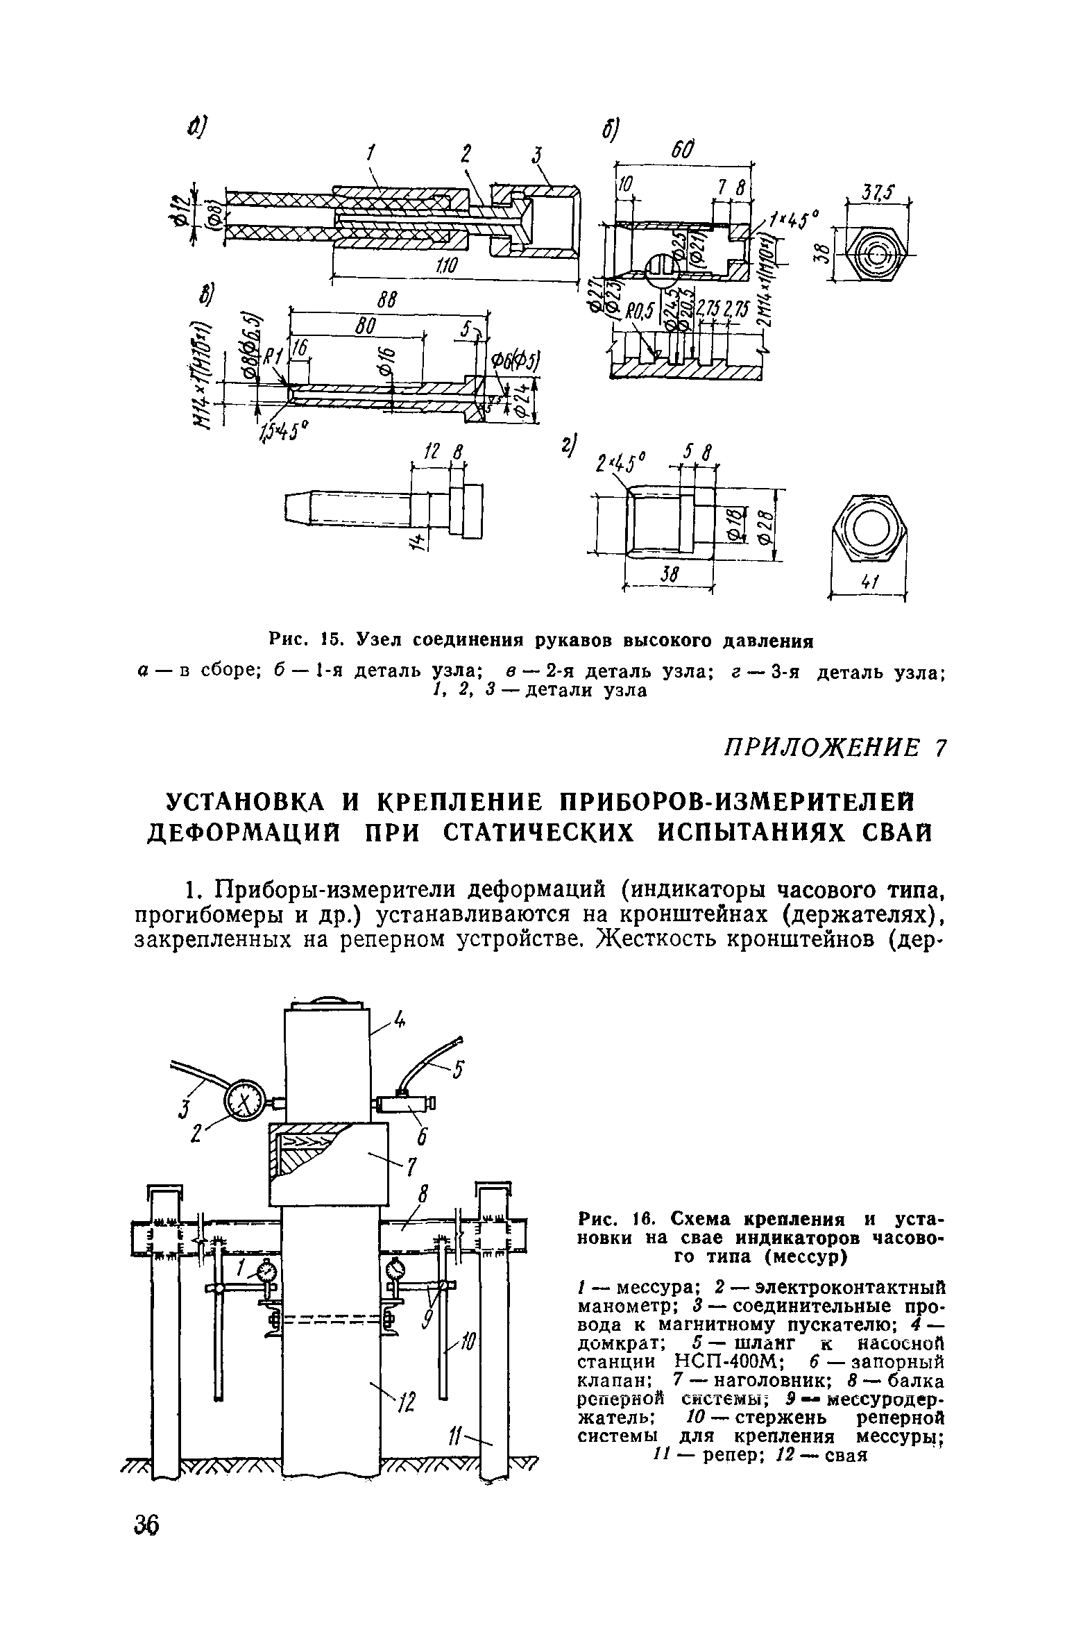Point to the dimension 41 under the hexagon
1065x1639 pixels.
click(867, 584)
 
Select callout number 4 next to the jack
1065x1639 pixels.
click(399, 1020)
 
